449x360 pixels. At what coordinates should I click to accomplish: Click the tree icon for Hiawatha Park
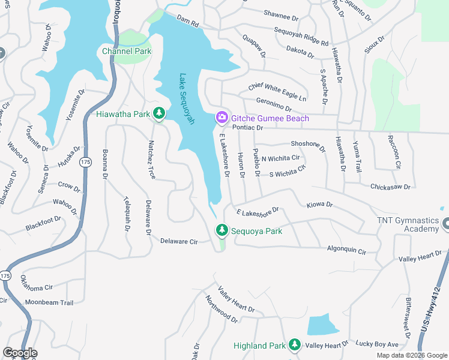pos(159,113)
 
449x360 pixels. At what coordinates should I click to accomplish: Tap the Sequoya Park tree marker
pos(222,230)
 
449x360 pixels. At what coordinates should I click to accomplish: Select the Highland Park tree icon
pos(294,345)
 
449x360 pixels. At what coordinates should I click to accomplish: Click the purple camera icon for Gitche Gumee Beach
pos(222,118)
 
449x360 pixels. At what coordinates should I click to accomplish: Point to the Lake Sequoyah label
pos(187,99)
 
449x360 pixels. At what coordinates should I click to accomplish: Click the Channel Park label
pos(127,51)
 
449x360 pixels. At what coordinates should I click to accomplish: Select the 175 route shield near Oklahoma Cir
pos(6,275)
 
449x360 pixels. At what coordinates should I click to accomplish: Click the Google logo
pos(20,353)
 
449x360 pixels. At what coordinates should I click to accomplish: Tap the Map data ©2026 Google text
pos(411,355)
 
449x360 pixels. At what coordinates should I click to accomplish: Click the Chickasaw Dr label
pos(390,187)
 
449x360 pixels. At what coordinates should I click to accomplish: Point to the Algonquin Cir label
pos(346,250)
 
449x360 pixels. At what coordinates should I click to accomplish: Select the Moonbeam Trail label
pos(49,302)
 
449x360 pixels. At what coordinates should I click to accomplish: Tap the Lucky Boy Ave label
pos(376,344)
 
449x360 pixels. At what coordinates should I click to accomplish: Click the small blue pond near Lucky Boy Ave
pos(322,325)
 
